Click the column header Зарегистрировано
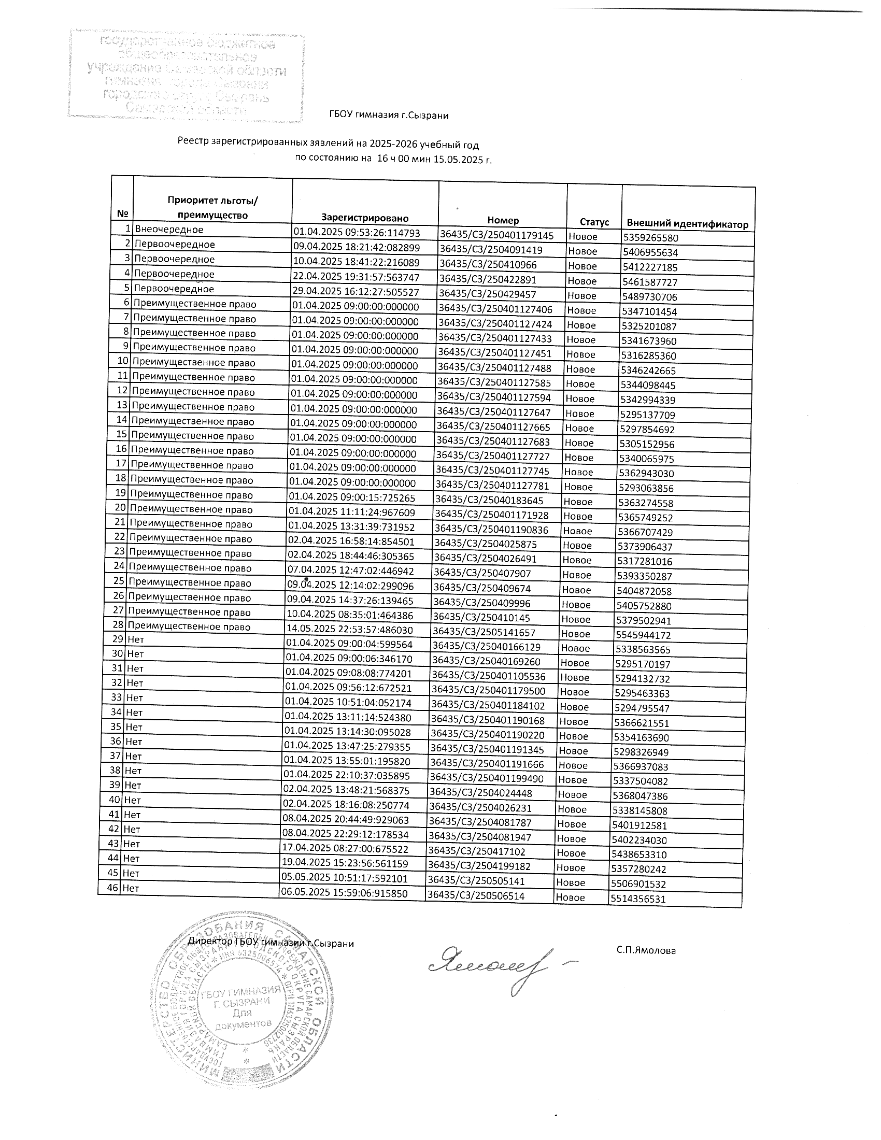[x=364, y=218]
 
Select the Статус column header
[x=594, y=222]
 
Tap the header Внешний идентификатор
[x=687, y=224]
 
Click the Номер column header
[x=503, y=220]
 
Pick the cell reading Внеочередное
[x=169, y=229]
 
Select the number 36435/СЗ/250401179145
[x=497, y=235]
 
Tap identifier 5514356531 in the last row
[x=638, y=899]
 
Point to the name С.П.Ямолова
[x=646, y=950]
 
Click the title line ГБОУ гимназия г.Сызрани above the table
[x=389, y=116]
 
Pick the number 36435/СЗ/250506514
[x=476, y=896]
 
